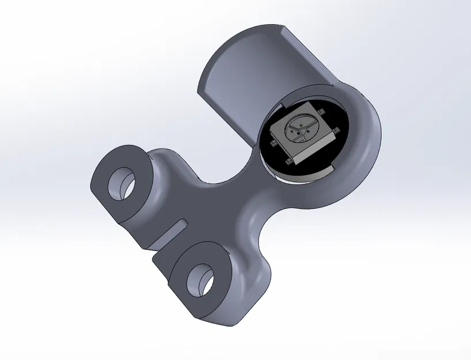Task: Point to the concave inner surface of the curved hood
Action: [x=242, y=75]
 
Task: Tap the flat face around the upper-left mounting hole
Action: [x=107, y=173]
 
